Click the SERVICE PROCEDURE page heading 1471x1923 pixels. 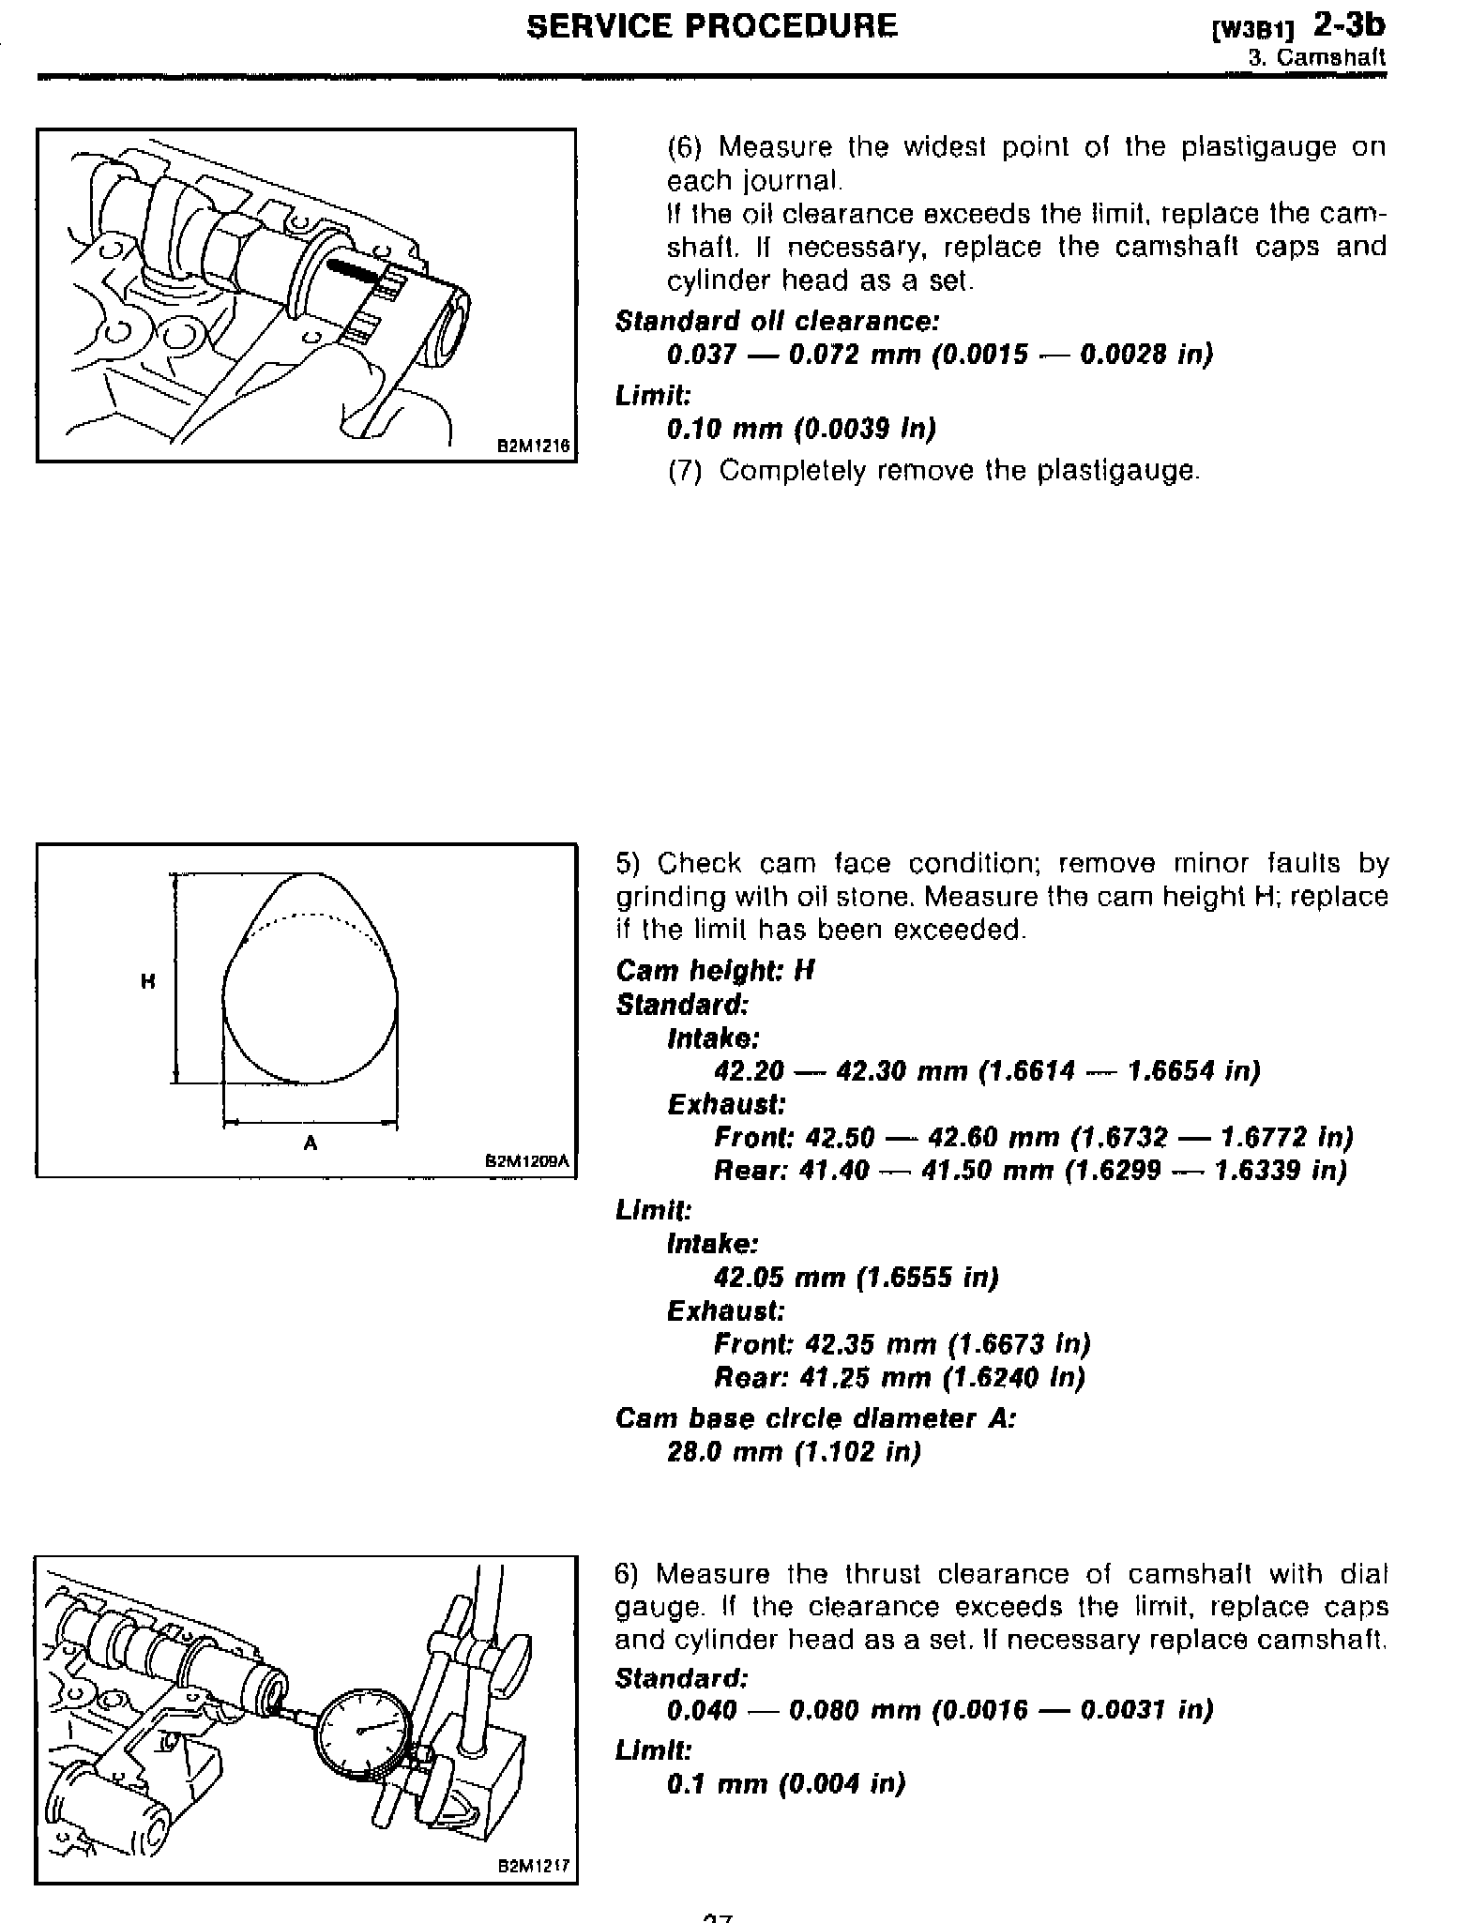[x=711, y=26]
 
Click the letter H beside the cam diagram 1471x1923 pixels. [x=147, y=982]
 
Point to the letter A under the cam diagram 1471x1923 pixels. [x=311, y=1143]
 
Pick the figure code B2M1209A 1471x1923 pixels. [x=527, y=1161]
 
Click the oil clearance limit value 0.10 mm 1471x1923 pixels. [x=723, y=429]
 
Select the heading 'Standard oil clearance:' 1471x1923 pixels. [x=777, y=321]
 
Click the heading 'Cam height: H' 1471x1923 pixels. [x=715, y=970]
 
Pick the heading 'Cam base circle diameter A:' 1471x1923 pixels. [x=815, y=1417]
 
